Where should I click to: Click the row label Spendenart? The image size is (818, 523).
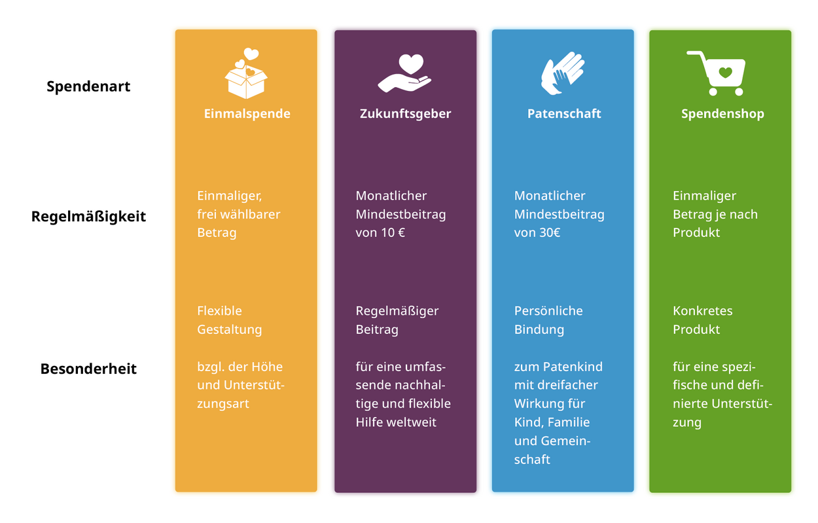pyautogui.click(x=88, y=87)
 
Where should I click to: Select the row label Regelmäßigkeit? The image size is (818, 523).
pyautogui.click(x=88, y=217)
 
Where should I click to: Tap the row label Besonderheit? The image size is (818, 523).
pyautogui.click(x=88, y=369)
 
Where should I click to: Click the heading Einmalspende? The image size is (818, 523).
pyautogui.click(x=247, y=114)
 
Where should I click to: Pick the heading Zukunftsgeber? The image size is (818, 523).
pyautogui.click(x=405, y=114)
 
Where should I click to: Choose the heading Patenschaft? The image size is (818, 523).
pyautogui.click(x=564, y=114)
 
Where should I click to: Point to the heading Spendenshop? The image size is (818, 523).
pyautogui.click(x=722, y=114)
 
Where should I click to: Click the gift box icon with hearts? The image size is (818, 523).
pyautogui.click(x=246, y=73)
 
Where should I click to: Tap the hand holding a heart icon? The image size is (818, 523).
pyautogui.click(x=404, y=73)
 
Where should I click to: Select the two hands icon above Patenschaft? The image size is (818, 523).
pyautogui.click(x=563, y=73)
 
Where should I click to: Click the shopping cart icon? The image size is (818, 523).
pyautogui.click(x=716, y=73)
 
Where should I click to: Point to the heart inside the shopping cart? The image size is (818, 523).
pyautogui.click(x=725, y=72)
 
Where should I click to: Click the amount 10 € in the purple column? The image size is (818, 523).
pyautogui.click(x=393, y=232)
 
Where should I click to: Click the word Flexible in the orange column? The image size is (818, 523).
pyautogui.click(x=219, y=311)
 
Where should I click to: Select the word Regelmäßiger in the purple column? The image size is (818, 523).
pyautogui.click(x=397, y=311)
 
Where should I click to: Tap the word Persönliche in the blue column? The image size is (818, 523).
pyautogui.click(x=548, y=311)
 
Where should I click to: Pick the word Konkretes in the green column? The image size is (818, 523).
pyautogui.click(x=703, y=311)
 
